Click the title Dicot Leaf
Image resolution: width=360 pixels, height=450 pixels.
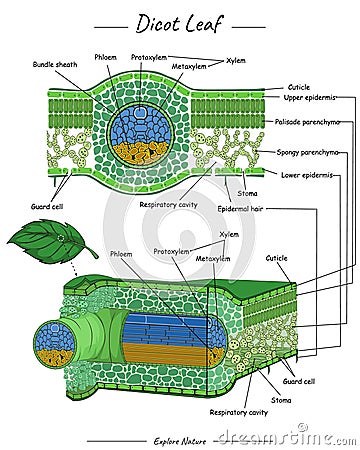[x=180, y=22]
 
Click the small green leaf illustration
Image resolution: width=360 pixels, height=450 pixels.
[x=50, y=240]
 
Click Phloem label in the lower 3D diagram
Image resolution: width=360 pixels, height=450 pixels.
[x=121, y=255]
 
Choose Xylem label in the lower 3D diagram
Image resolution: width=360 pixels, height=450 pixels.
[x=229, y=234]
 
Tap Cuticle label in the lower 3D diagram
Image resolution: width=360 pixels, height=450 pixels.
[x=276, y=258]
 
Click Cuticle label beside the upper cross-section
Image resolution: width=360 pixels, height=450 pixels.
[x=299, y=87]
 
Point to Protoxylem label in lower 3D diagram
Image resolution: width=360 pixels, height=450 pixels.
[x=172, y=251]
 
